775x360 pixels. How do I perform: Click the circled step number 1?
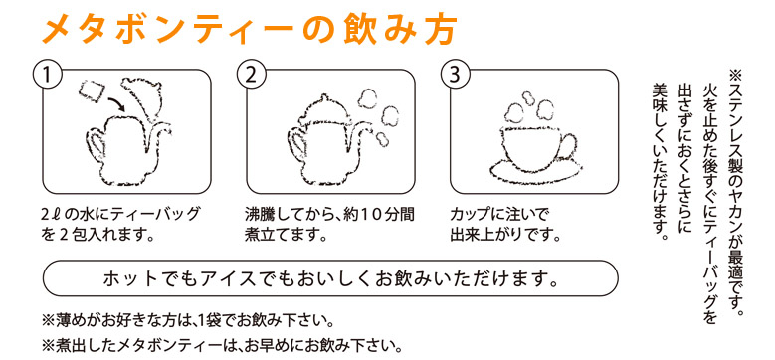(47, 75)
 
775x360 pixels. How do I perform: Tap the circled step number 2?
(251, 75)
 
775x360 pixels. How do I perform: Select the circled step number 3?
(455, 75)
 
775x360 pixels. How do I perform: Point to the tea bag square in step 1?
(91, 91)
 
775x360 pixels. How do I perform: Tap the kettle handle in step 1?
(96, 144)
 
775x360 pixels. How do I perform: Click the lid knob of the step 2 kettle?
(323, 98)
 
